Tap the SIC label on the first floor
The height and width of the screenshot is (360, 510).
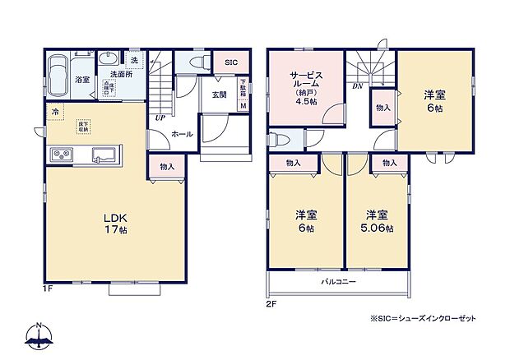(231, 62)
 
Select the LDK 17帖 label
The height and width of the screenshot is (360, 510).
(114, 224)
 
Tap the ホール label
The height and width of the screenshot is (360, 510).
(182, 133)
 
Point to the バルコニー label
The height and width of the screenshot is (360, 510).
(338, 282)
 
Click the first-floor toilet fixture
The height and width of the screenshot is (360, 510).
(197, 62)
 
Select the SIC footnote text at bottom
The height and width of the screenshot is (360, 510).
(423, 318)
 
